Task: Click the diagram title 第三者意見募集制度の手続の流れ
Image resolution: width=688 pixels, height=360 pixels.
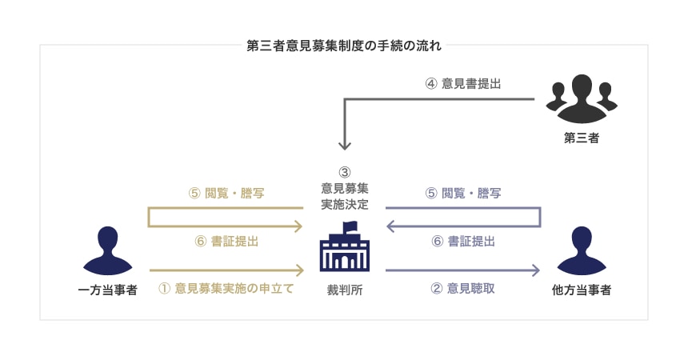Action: (344, 46)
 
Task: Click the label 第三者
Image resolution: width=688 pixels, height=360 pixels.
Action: (582, 138)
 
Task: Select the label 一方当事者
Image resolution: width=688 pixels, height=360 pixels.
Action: (110, 290)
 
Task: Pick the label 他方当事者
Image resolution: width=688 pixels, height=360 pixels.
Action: (582, 290)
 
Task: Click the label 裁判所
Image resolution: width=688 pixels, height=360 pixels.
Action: (344, 290)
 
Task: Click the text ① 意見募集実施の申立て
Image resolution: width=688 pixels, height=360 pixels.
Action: (226, 288)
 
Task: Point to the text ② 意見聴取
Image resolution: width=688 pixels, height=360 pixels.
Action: (462, 288)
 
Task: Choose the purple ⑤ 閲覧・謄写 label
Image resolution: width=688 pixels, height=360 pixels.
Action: (462, 193)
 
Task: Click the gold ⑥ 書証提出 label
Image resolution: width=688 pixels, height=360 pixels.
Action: (226, 241)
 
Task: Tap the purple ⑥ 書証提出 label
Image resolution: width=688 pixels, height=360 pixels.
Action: (462, 241)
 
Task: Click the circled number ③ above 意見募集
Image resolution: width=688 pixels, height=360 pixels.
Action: (344, 172)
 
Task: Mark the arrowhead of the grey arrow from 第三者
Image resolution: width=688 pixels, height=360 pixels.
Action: (344, 146)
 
